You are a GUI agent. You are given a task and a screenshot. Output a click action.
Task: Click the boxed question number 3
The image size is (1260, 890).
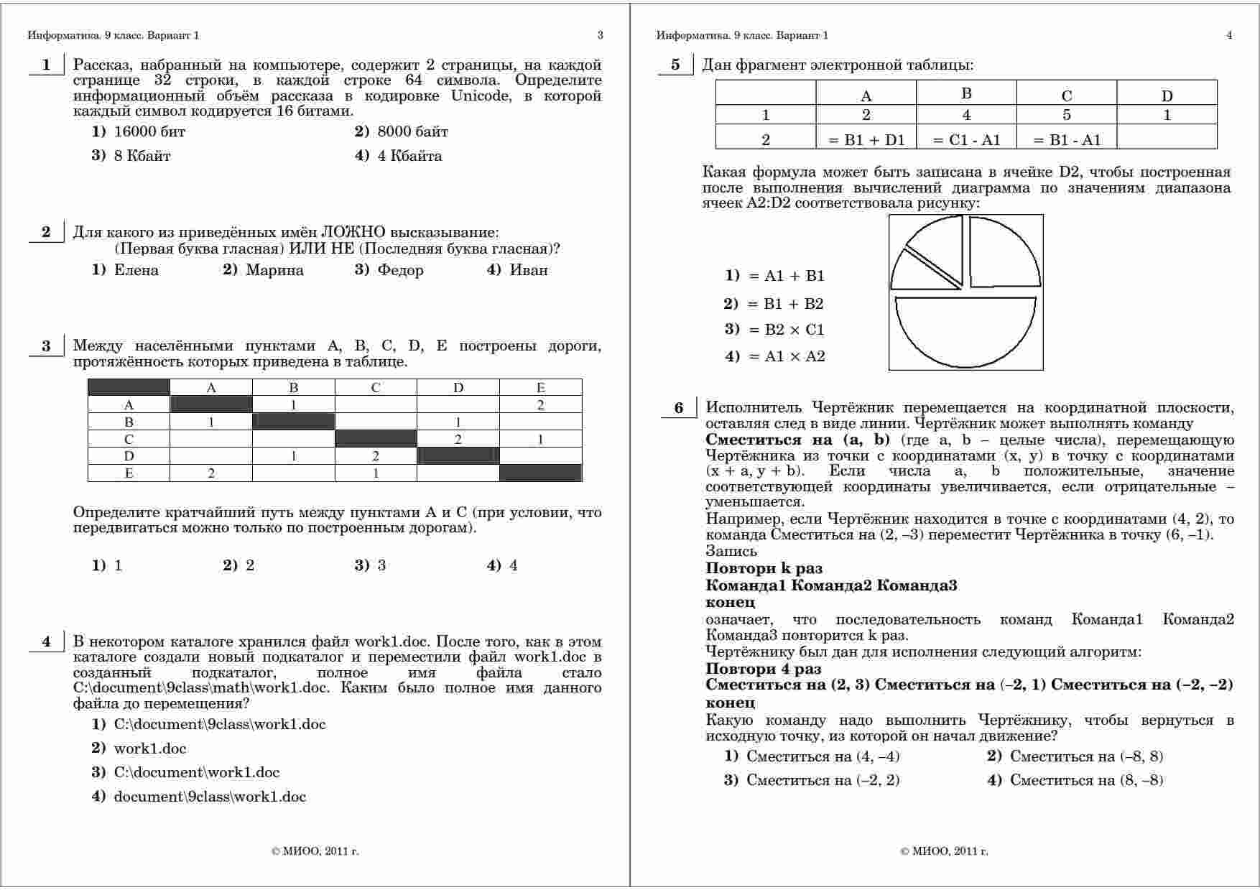(x=46, y=346)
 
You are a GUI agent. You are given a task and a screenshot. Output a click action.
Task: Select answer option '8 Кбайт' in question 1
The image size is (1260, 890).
(x=142, y=156)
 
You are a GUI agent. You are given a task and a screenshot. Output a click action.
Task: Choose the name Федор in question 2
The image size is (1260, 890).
(x=400, y=270)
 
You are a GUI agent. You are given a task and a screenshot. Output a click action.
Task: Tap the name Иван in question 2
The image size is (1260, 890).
(x=529, y=270)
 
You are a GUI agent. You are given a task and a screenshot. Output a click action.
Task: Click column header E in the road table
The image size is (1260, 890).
(x=540, y=388)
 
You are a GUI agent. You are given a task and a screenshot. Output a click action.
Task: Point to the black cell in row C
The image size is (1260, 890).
(x=376, y=439)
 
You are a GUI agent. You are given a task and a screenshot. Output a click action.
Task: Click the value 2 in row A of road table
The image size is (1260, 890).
(x=540, y=405)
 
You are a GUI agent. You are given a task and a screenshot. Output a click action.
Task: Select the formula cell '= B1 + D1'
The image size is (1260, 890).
(x=866, y=140)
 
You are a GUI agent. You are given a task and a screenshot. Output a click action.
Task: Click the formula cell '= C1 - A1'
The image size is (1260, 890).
(x=966, y=140)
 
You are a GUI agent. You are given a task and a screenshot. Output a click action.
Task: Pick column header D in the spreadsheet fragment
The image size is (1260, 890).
(x=1167, y=96)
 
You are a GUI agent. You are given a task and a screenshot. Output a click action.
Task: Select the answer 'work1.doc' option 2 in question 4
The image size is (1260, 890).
(x=149, y=748)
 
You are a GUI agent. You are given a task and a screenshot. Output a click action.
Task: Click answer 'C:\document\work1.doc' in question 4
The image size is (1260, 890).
(x=196, y=772)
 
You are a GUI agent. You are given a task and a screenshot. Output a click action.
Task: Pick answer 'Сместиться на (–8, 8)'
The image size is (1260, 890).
(x=1086, y=756)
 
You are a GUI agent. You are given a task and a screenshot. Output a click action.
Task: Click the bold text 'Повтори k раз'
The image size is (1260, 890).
(x=764, y=569)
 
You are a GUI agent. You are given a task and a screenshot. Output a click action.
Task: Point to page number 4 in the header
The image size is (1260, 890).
(x=1229, y=35)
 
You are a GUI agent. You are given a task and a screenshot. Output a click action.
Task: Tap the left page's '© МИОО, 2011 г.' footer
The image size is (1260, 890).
(x=315, y=851)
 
